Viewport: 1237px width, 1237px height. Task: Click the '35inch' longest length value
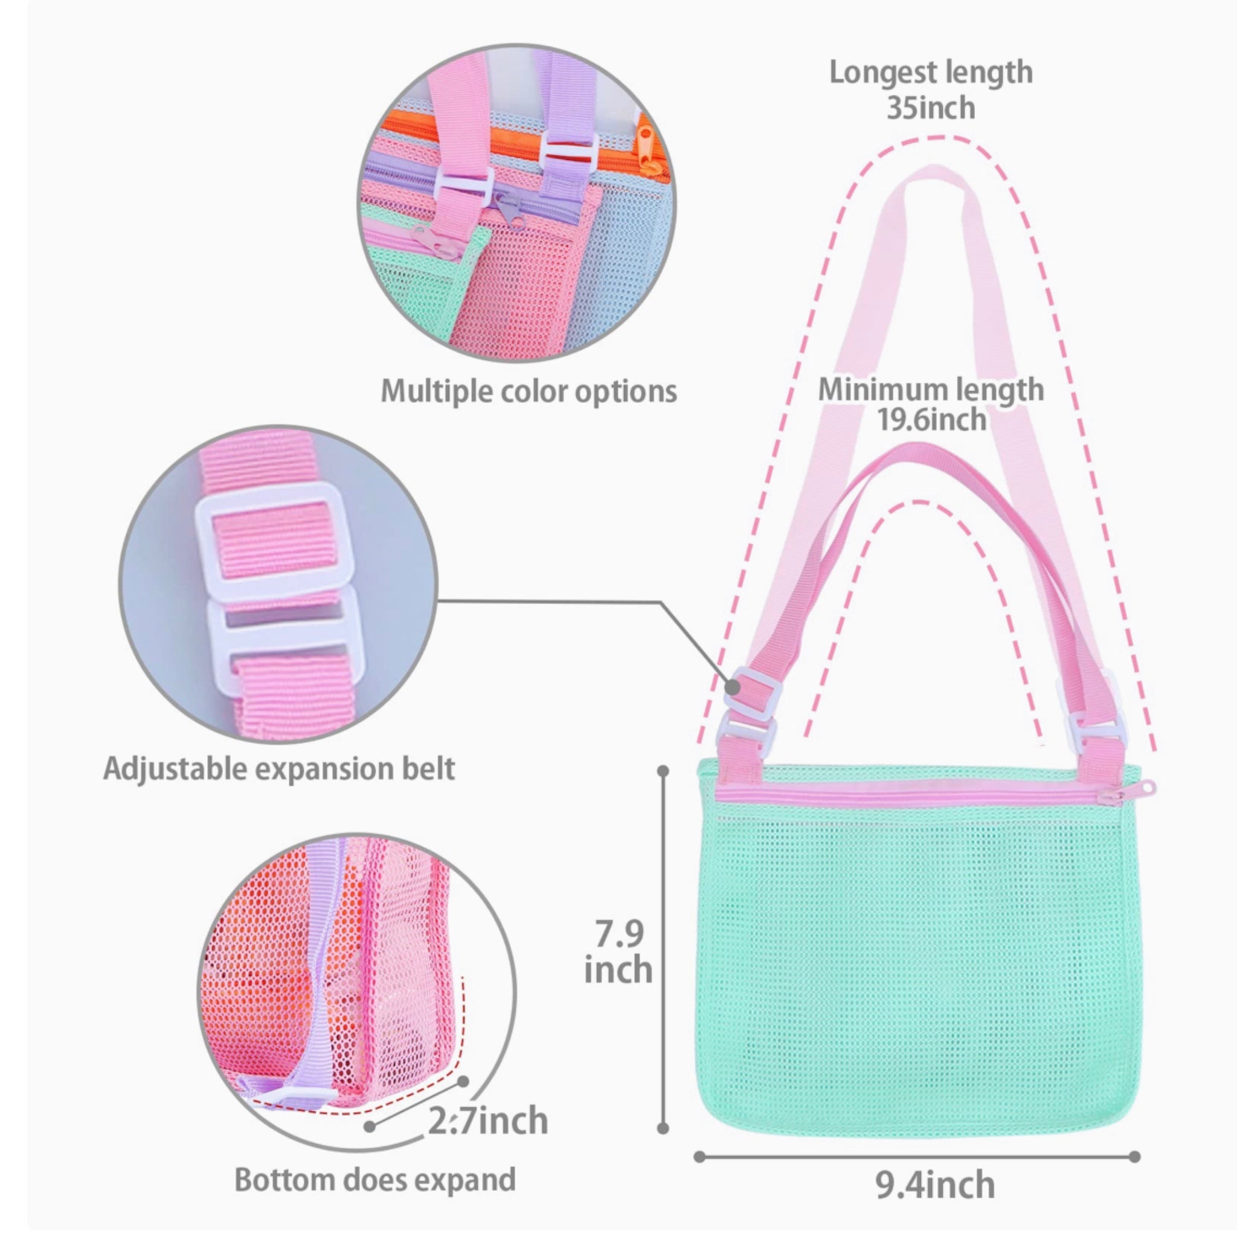point(930,108)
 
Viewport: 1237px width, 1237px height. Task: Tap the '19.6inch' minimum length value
point(930,419)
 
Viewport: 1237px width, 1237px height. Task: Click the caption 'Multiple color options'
point(529,391)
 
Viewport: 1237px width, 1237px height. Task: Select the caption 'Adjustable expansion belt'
point(279,769)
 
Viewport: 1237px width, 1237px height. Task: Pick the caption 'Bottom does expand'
point(375,1180)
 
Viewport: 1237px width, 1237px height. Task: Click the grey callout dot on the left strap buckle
point(733,687)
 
